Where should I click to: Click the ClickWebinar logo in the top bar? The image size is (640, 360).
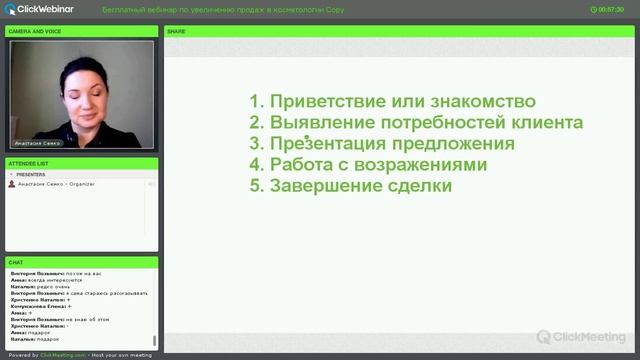39,9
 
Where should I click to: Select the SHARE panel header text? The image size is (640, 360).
176,31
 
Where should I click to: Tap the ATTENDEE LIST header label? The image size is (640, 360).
28,163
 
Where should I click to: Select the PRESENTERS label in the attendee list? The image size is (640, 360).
31,174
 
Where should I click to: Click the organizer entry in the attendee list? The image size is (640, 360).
56,184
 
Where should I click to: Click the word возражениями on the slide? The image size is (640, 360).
426,165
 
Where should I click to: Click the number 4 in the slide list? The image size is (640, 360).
255,165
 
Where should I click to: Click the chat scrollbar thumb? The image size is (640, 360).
155,341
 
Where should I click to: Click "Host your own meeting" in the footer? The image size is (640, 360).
120,355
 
